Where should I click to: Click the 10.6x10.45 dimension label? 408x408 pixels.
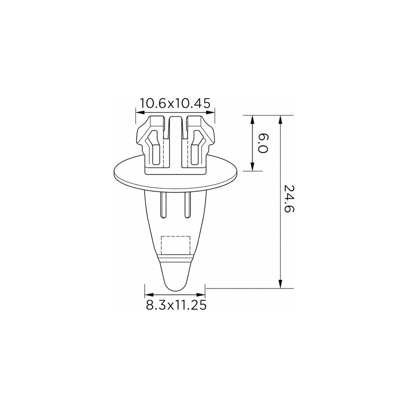175,103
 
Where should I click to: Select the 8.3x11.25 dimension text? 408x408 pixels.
176,305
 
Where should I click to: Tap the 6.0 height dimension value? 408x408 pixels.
263,143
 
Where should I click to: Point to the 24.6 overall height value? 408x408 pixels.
289,199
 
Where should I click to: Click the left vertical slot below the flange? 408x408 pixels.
163,205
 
